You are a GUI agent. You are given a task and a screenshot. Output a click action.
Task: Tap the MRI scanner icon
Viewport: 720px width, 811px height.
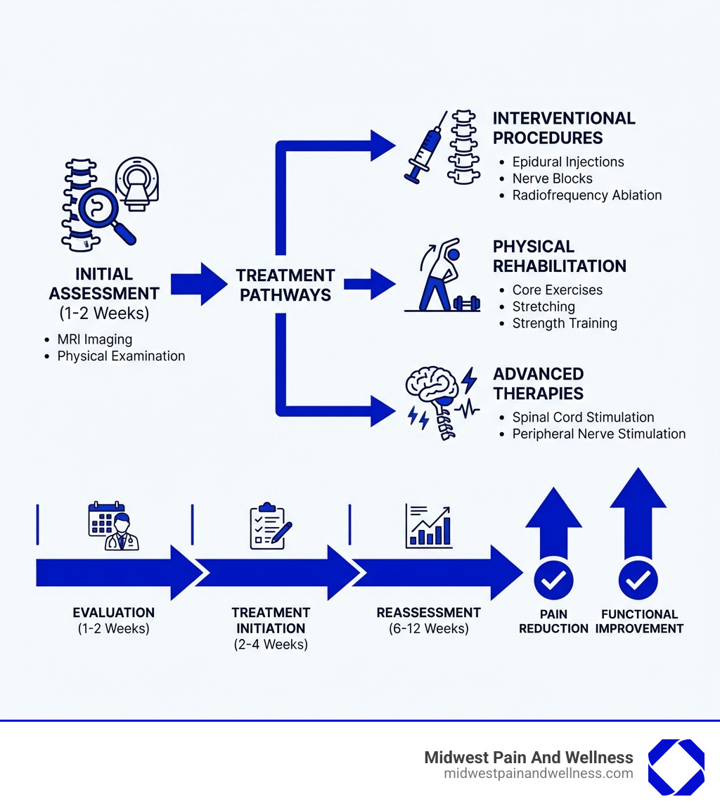coord(138,182)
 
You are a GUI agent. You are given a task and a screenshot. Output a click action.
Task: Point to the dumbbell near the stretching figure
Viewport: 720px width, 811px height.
coord(466,303)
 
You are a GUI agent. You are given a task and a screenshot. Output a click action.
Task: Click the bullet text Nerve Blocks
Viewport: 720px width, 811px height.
coord(552,179)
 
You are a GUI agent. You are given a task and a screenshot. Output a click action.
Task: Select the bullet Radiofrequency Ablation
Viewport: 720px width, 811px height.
coord(586,195)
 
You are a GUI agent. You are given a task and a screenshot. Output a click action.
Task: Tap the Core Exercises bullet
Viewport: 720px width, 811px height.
coord(557,290)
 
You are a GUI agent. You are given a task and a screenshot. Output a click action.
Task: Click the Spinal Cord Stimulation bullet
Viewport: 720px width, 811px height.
coord(583,417)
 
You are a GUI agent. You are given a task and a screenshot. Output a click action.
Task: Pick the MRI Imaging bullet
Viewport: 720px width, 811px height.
coord(94,339)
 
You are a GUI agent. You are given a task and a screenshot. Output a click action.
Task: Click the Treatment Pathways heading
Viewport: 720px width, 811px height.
coord(285,285)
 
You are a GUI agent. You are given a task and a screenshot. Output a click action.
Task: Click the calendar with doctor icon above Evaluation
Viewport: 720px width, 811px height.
coord(113,526)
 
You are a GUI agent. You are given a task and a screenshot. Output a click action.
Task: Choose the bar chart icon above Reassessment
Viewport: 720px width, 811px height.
coord(428,526)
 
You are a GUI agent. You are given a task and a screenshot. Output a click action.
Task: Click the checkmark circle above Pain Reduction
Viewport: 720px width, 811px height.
coord(553,580)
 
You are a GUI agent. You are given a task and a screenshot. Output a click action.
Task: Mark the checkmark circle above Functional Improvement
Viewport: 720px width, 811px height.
coord(638,580)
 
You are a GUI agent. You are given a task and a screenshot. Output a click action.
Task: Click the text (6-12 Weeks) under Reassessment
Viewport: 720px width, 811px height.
coord(428,628)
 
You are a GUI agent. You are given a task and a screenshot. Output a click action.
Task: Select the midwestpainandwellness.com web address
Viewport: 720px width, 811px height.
coord(538,774)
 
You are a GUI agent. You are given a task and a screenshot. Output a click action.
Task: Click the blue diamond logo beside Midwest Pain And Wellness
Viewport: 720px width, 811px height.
coord(676,767)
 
